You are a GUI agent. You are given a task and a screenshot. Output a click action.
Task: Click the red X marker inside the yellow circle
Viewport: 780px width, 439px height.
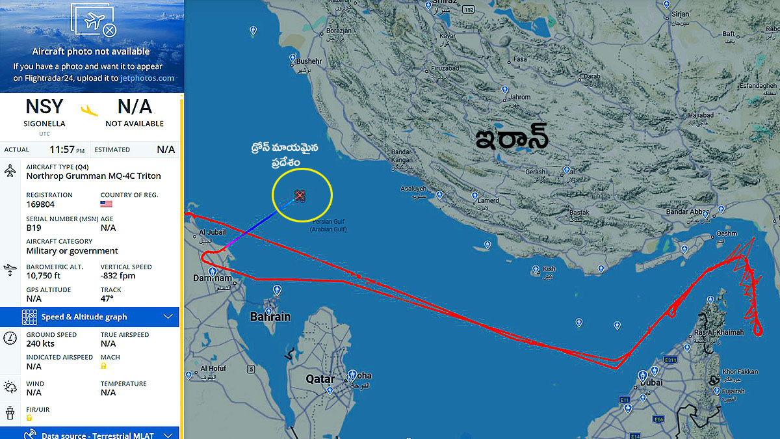[300, 195]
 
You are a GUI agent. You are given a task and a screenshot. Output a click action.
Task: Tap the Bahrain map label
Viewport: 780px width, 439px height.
[270, 317]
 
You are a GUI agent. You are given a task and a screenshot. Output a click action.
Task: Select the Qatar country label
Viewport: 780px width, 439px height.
[320, 379]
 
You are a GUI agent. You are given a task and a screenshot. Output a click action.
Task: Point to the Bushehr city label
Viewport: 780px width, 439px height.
[309, 61]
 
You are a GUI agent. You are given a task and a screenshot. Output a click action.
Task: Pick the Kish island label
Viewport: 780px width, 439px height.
[549, 269]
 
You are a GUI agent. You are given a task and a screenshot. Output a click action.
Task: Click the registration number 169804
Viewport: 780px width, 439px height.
[40, 204]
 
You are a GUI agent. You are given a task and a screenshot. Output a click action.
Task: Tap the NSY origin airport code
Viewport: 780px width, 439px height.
[44, 106]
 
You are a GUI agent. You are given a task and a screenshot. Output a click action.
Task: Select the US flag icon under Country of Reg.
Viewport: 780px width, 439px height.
[107, 204]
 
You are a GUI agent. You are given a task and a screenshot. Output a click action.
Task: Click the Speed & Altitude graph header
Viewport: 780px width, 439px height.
[84, 317]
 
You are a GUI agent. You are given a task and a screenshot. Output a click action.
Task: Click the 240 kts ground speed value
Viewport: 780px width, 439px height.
[40, 343]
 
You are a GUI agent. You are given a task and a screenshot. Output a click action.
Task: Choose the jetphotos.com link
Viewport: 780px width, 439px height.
[148, 78]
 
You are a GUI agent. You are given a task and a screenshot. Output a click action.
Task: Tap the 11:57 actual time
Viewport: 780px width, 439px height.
[62, 150]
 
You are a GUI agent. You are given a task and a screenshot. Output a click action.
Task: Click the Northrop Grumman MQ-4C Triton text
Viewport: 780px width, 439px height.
[94, 176]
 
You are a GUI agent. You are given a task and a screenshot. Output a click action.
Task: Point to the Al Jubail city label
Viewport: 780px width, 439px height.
[213, 232]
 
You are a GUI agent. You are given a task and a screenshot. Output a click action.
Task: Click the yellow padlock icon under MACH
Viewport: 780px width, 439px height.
[104, 366]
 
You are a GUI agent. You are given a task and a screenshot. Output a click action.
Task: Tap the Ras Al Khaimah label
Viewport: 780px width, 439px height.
[719, 332]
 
